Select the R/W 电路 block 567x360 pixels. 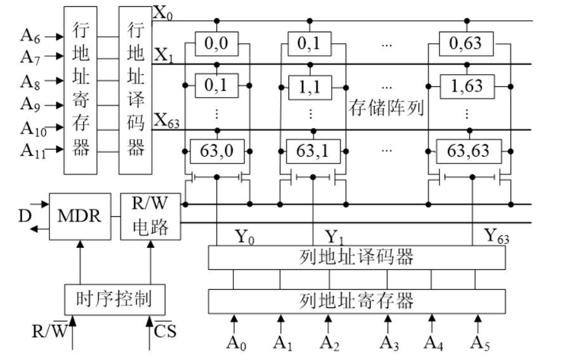tap(150, 216)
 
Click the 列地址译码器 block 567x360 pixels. tap(357, 257)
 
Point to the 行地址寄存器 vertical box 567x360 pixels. tap(81, 90)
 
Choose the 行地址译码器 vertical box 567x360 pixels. tap(135, 90)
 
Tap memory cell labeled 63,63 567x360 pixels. tap(468, 151)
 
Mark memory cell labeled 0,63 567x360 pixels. tap(468, 44)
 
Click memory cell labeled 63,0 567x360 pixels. tap(217, 151)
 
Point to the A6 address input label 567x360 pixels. tap(30, 37)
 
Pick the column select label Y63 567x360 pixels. tap(497, 236)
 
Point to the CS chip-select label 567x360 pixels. tap(165, 330)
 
